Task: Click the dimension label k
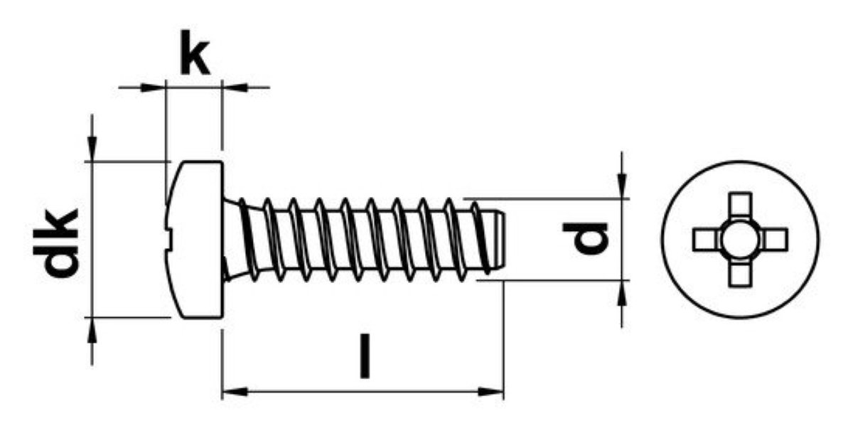[194, 53]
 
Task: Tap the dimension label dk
[55, 243]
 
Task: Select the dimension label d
[585, 238]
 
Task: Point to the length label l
[365, 356]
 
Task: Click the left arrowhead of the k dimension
[153, 87]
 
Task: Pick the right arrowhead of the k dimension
[235, 87]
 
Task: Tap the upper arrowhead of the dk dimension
[92, 149]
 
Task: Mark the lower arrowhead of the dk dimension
[92, 330]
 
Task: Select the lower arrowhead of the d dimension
[622, 293]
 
